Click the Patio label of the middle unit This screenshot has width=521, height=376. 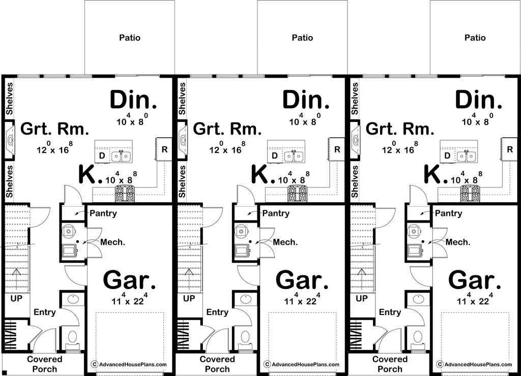pos(302,38)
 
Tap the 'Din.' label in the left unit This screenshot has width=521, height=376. pos(133,100)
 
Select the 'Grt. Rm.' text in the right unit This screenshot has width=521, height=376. pos(400,129)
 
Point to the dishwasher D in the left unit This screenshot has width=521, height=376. pos(102,155)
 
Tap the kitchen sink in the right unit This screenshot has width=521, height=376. pos(467,156)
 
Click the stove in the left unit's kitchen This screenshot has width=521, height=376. pos(125,194)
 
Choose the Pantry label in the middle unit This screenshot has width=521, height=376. pos(276,213)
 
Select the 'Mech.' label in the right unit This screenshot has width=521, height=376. pos(458,242)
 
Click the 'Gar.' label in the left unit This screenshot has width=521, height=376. pos(130,281)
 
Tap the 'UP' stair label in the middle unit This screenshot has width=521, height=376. pos(189,299)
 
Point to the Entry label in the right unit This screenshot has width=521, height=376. pos(390,312)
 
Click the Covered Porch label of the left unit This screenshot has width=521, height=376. pos(45,364)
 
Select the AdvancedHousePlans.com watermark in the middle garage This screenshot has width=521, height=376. pos(302,364)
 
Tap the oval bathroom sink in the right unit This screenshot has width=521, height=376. pos(419,299)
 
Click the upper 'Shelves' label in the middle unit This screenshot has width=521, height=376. pos(182,99)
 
